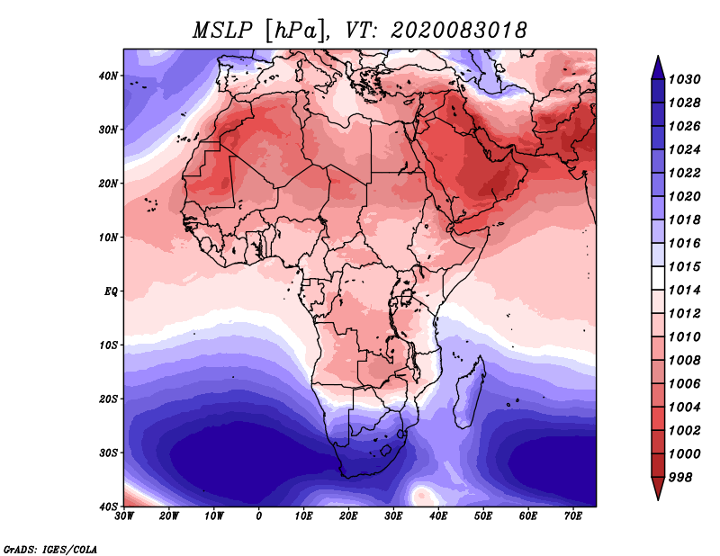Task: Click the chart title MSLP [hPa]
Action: [x=259, y=31]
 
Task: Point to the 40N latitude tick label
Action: [x=108, y=76]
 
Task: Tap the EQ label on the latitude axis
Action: [x=111, y=291]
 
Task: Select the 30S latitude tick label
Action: [x=108, y=453]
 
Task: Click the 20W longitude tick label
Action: [x=168, y=516]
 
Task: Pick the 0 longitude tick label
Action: [x=259, y=516]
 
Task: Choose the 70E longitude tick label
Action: [x=572, y=516]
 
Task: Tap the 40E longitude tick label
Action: [x=438, y=516]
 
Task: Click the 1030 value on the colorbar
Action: [x=684, y=79]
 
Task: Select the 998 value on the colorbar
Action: [x=680, y=478]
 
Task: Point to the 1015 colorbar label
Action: [x=684, y=266]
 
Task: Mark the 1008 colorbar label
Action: [x=684, y=361]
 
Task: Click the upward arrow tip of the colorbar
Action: [x=658, y=57]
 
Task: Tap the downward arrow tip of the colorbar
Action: [x=658, y=499]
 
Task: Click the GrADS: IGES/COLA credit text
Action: [x=50, y=549]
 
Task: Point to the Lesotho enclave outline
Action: [x=385, y=451]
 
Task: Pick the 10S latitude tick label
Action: [x=108, y=345]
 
